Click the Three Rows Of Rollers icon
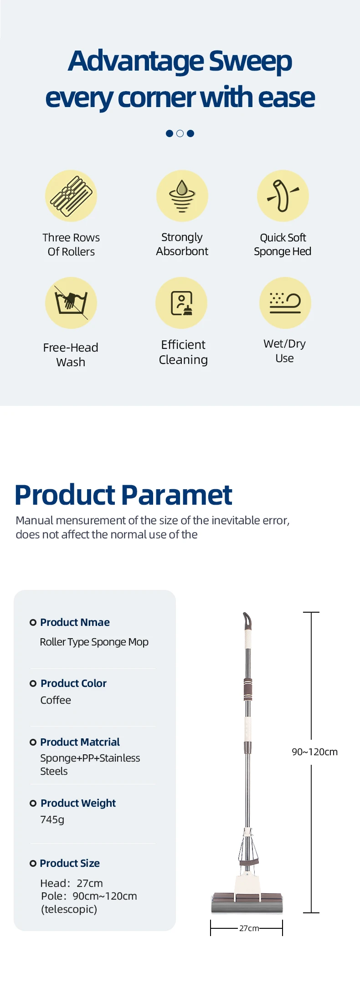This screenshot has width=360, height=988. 71,196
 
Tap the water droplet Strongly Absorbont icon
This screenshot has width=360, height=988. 182,196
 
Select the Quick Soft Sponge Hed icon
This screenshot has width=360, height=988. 283,196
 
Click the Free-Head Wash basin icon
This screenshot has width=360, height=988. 71,303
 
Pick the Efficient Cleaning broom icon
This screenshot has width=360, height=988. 181,303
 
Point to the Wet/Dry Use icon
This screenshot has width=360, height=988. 285,303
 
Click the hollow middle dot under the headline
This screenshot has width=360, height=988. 180,133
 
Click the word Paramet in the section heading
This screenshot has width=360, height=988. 177,495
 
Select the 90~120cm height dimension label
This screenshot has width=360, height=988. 315,752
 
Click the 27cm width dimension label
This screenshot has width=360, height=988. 249,928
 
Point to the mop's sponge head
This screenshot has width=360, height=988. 247,903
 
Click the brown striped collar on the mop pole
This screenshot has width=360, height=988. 248,689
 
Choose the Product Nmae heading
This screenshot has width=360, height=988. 75,622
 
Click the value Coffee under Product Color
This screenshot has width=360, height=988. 56,700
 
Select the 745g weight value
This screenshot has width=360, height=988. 52,820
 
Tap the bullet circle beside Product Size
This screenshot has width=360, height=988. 33,864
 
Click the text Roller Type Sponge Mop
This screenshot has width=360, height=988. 94,642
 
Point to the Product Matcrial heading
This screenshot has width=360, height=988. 80,742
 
